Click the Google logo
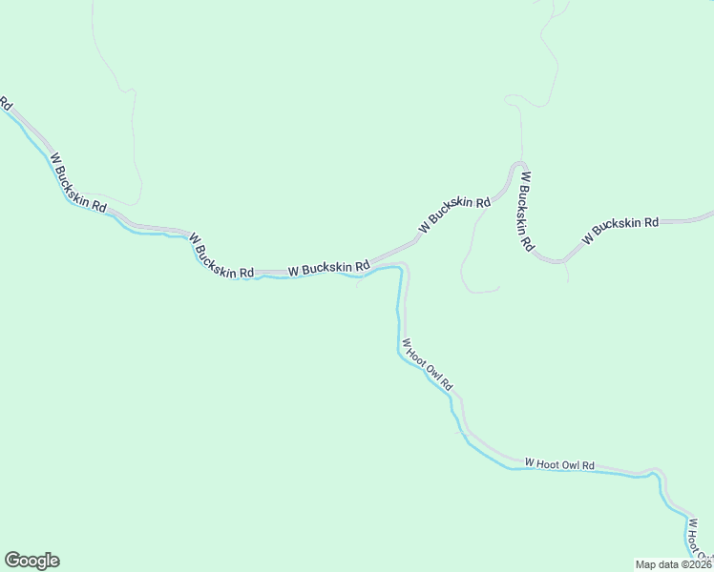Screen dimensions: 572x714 click(x=31, y=561)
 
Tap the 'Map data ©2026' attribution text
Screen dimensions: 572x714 click(x=673, y=564)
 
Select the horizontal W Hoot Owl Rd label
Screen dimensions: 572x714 click(x=559, y=464)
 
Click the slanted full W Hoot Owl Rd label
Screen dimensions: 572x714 click(x=427, y=365)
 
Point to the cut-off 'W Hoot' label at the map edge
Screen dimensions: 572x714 click(x=698, y=538)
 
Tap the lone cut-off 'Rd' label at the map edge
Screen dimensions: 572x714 click(x=5, y=102)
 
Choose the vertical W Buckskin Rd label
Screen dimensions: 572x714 click(x=525, y=211)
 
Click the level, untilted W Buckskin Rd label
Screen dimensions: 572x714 click(x=328, y=269)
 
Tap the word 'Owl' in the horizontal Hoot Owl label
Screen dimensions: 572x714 click(x=570, y=464)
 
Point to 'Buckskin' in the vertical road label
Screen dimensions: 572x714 click(x=524, y=208)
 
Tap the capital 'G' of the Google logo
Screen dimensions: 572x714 click(x=12, y=560)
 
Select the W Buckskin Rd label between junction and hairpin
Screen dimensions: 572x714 click(x=453, y=214)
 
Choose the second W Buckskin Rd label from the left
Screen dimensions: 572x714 click(x=221, y=255)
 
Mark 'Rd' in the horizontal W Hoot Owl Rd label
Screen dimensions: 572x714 click(x=589, y=465)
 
